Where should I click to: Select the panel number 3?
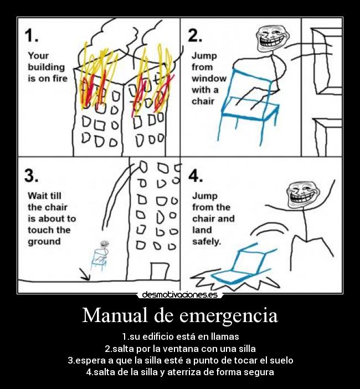pos(31,175)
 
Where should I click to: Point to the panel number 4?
pos(196,175)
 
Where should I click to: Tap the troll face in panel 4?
pos(300,195)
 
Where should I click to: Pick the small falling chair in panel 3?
pos(99,257)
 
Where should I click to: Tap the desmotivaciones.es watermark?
pos(179,295)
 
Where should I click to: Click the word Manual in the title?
pos(115,316)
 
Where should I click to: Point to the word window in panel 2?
pos(209,79)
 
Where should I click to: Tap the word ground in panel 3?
pos(44,241)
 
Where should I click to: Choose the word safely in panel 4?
pos(207,241)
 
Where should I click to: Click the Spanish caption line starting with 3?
pos(180,360)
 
